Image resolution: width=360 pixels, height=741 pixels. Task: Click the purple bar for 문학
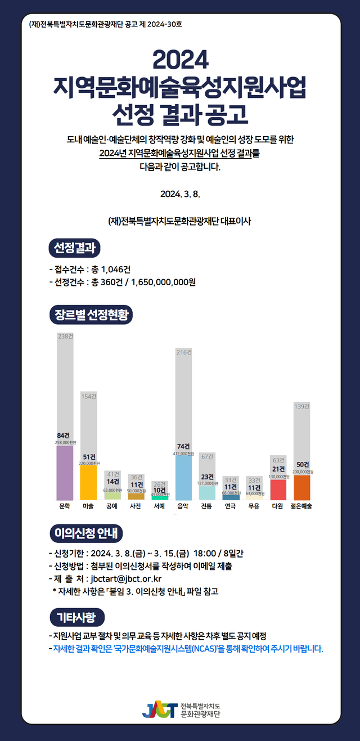[x=65, y=473]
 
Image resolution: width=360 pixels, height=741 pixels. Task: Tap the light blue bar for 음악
[x=183, y=477]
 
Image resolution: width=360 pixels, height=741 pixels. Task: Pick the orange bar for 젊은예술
[x=301, y=487]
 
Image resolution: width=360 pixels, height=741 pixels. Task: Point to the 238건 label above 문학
[x=65, y=336]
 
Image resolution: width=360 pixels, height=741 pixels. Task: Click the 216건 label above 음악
[x=183, y=352]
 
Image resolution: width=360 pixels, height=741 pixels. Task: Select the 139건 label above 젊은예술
[x=301, y=406]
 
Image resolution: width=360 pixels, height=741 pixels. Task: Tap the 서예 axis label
[x=159, y=506]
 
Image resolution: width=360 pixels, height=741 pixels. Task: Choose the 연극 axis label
[x=230, y=506]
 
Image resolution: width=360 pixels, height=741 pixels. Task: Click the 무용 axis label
[x=254, y=506]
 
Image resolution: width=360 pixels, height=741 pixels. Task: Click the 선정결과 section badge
[x=75, y=248]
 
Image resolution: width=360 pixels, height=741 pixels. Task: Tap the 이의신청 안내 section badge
[x=85, y=533]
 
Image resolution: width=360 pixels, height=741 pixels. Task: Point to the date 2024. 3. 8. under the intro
[x=180, y=194]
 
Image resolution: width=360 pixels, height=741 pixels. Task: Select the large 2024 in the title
[x=180, y=59]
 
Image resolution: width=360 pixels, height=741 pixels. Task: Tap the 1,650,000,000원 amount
[x=163, y=282]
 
